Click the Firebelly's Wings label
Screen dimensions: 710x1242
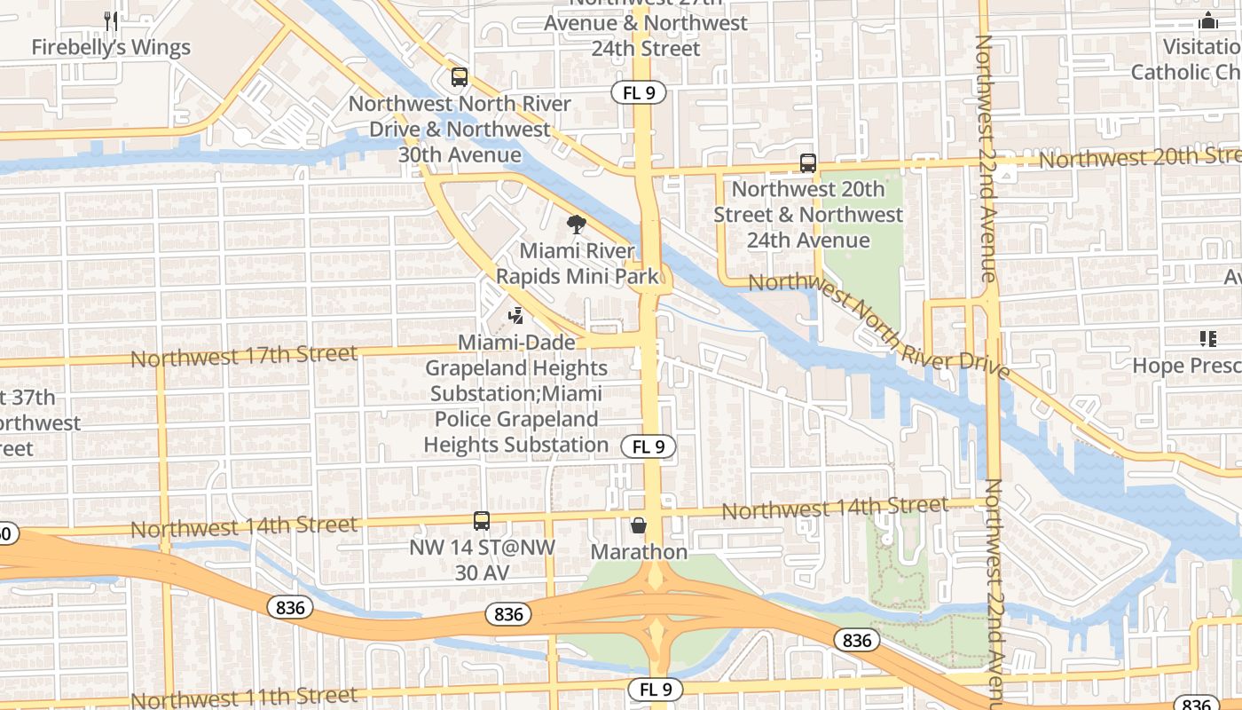[x=111, y=47]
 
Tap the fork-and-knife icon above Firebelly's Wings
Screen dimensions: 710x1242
[x=111, y=20]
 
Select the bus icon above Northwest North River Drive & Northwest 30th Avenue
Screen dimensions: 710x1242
[x=459, y=77]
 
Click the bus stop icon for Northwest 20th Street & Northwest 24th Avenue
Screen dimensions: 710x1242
[x=807, y=163]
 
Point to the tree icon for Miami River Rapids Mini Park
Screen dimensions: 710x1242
[x=577, y=225]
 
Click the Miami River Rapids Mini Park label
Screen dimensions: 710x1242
[x=578, y=264]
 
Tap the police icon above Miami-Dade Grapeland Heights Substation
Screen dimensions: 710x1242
[x=515, y=315]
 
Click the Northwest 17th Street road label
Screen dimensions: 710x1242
[x=245, y=356]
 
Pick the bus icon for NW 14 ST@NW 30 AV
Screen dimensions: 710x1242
[x=481, y=521]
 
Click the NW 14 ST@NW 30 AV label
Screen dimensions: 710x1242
[x=482, y=560]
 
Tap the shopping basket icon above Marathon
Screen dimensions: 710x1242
[x=639, y=526]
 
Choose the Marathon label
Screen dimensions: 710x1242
[x=639, y=552]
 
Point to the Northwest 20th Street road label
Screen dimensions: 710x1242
[x=1139, y=158]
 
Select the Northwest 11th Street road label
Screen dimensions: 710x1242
[x=245, y=697]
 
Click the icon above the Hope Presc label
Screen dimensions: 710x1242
[x=1207, y=338]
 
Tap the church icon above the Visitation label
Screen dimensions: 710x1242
[x=1207, y=21]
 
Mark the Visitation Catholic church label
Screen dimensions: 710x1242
[x=1189, y=59]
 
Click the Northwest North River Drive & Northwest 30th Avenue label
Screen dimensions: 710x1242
[x=460, y=130]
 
